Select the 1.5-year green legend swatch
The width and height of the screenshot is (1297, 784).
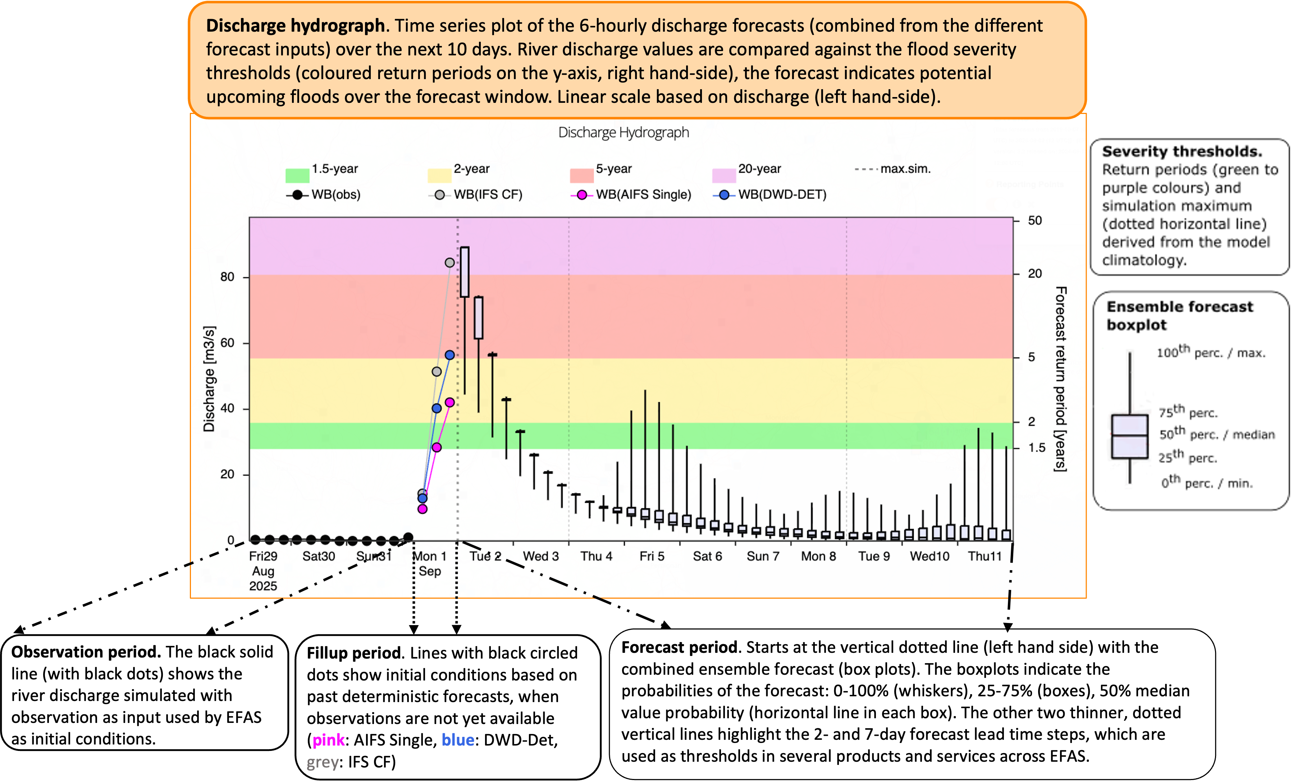[297, 175]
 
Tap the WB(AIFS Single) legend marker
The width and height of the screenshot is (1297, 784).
[582, 195]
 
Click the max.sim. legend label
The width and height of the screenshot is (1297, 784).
[905, 169]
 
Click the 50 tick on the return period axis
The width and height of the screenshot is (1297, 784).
[1035, 220]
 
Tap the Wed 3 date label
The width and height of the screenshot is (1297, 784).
[540, 556]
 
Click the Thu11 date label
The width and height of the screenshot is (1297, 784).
[984, 556]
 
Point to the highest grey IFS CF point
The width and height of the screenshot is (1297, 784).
[449, 262]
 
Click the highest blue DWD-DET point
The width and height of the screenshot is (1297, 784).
[449, 355]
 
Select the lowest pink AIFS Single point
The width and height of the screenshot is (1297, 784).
[422, 509]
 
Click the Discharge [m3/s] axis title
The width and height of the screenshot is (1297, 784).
[209, 379]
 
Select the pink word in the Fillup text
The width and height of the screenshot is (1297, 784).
[328, 741]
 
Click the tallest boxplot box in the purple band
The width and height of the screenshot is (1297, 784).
[465, 272]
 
